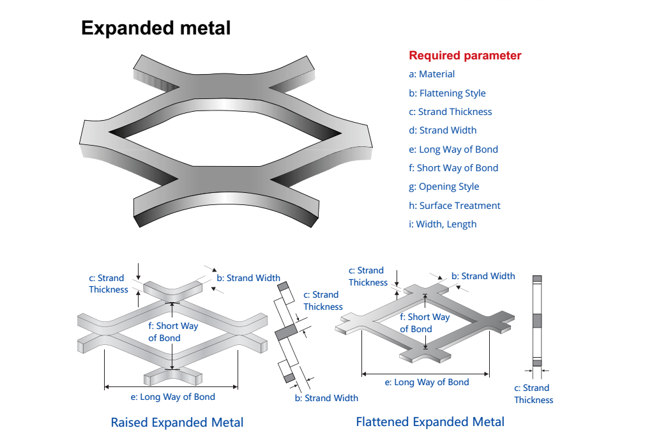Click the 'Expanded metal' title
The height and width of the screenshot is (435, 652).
coord(156,28)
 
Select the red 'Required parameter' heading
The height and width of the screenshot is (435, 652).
coord(465,56)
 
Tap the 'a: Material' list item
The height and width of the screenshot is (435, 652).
coord(432,74)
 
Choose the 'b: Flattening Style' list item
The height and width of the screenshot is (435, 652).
coord(447,93)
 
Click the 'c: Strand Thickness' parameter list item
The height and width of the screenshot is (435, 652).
coord(450,112)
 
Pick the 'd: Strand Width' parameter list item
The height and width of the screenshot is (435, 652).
coord(443,130)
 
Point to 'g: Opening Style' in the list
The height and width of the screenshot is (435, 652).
coord(444,187)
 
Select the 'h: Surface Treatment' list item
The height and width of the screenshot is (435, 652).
coord(455,206)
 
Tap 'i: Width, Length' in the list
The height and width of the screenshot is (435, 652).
coord(443,224)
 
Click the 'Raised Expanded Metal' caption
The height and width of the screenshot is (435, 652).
coord(177,422)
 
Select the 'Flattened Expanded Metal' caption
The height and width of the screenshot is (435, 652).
coord(430,422)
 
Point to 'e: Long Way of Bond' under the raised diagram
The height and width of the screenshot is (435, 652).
coord(172,397)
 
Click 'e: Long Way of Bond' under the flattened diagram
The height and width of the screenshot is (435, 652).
coord(427,382)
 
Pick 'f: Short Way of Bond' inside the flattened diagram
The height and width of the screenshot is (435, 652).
coord(425,323)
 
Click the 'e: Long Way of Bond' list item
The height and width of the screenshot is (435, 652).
coord(453,149)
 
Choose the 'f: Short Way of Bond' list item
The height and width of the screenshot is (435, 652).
coord(453,168)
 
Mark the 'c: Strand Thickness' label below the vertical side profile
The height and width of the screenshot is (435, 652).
coord(534,393)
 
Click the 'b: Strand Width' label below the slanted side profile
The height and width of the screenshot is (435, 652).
coord(326,398)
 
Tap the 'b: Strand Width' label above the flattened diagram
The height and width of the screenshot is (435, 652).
coord(483,276)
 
